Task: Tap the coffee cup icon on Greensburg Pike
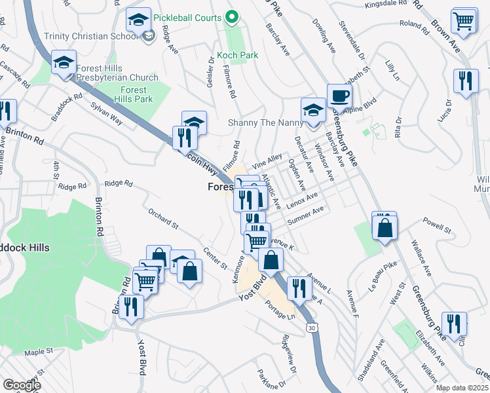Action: point(339,96)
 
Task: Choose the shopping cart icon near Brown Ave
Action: point(464,20)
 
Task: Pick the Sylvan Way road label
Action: point(107,109)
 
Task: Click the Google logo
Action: point(22,384)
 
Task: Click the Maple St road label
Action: point(39,352)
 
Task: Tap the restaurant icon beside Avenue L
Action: point(299,287)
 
